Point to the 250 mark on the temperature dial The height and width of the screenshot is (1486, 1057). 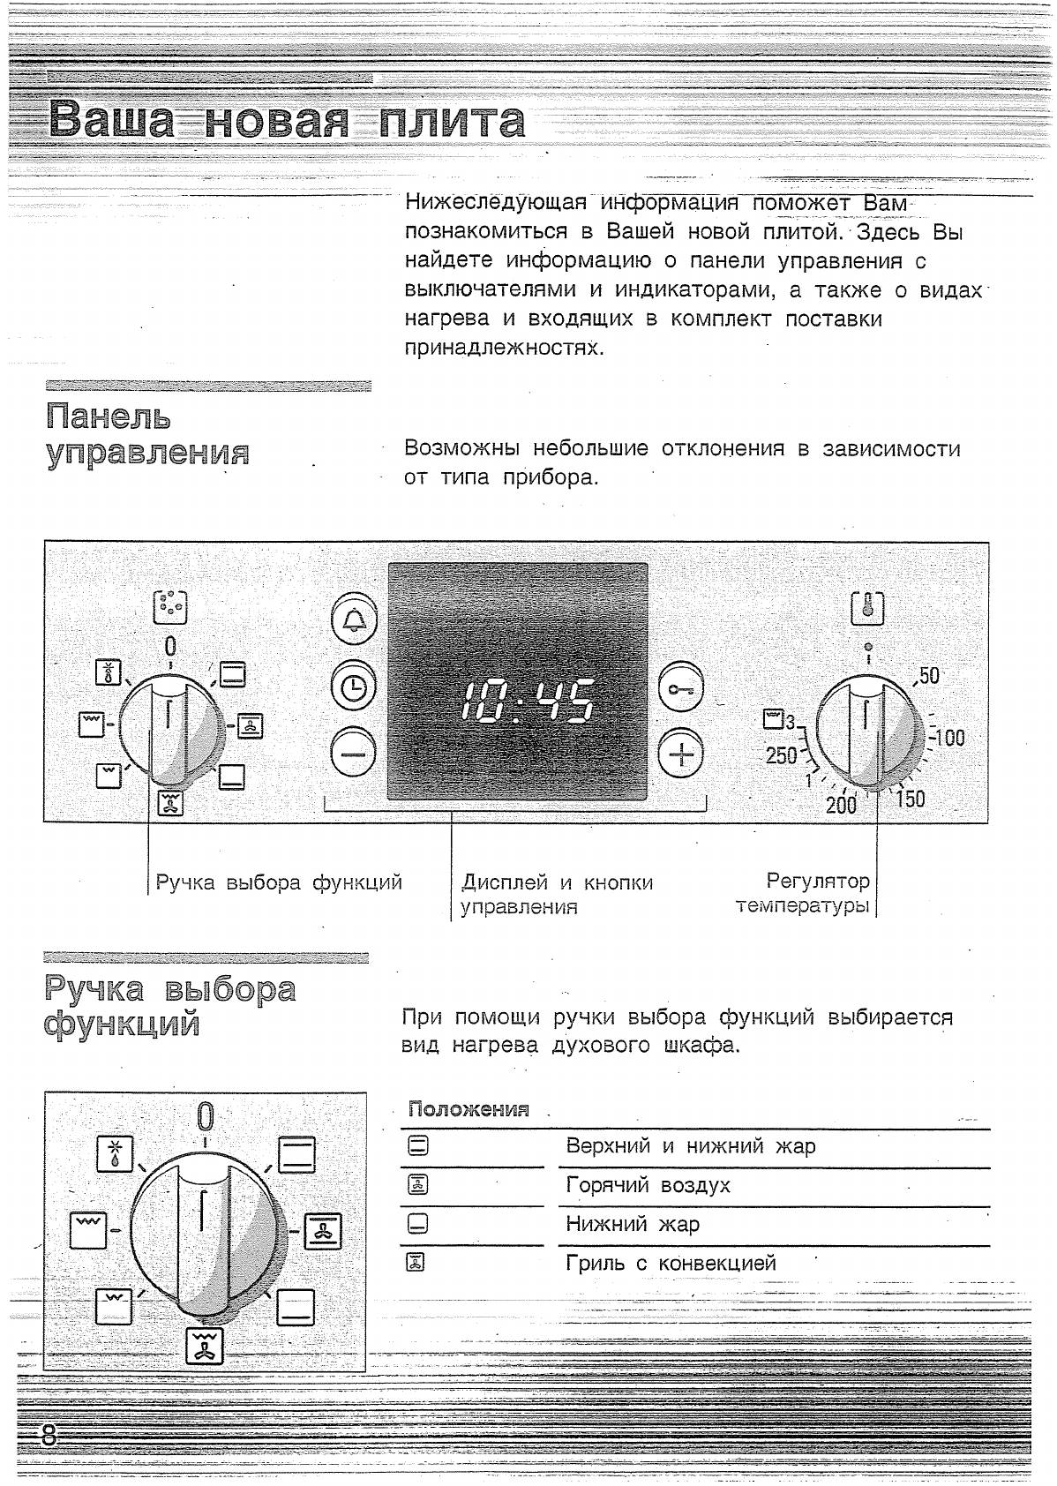pyautogui.click(x=781, y=754)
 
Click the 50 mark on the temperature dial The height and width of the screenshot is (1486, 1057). pyautogui.click(x=928, y=676)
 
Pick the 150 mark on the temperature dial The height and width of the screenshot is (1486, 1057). pyautogui.click(x=911, y=799)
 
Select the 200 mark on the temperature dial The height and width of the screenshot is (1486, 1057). pyautogui.click(x=841, y=804)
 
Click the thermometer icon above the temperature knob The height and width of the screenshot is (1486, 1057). pyautogui.click(x=868, y=609)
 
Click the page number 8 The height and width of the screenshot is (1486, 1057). pyautogui.click(x=49, y=1435)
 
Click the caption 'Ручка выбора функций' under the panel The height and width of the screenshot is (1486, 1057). pyautogui.click(x=279, y=882)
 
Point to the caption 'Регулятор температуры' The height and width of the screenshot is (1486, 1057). pyautogui.click(x=803, y=893)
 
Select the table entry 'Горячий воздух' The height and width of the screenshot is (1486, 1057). pyautogui.click(x=648, y=1185)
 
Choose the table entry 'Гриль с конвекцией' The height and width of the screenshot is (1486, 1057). pyautogui.click(x=671, y=1263)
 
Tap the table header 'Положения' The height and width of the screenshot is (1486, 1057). pyautogui.click(x=469, y=1109)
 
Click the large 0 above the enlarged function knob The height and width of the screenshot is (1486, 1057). pyautogui.click(x=205, y=1116)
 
